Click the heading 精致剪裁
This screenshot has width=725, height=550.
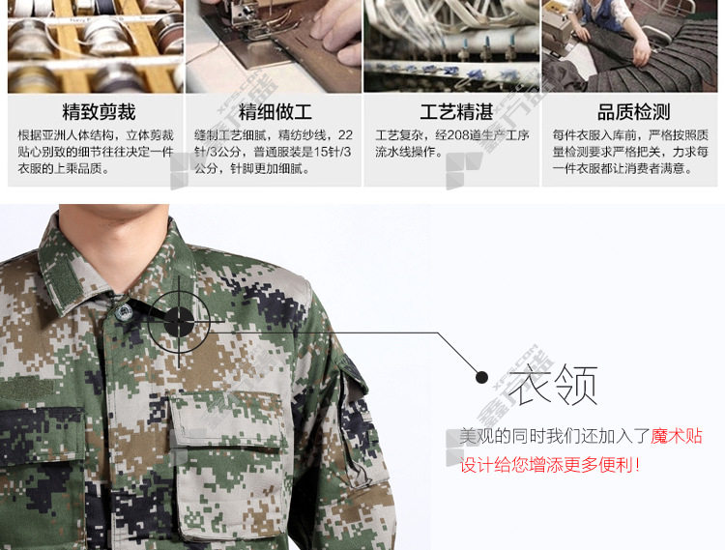pos(99,112)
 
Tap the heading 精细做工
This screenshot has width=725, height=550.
pos(275,112)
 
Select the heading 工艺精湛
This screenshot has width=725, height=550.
pos(456,112)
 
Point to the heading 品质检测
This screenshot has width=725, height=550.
pos(633,112)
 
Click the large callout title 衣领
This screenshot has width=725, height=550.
pos(553,385)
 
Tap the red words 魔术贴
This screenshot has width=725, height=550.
pos(677,436)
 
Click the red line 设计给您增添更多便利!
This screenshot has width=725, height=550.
pos(550,465)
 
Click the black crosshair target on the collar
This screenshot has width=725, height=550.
pos(180,322)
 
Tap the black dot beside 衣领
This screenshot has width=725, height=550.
pos(481,377)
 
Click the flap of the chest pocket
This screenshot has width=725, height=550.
pos(226,420)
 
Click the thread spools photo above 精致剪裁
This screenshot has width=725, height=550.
pos(96,46)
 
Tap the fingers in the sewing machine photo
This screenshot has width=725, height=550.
pos(334,32)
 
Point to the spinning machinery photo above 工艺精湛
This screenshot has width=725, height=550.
pos(451,46)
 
